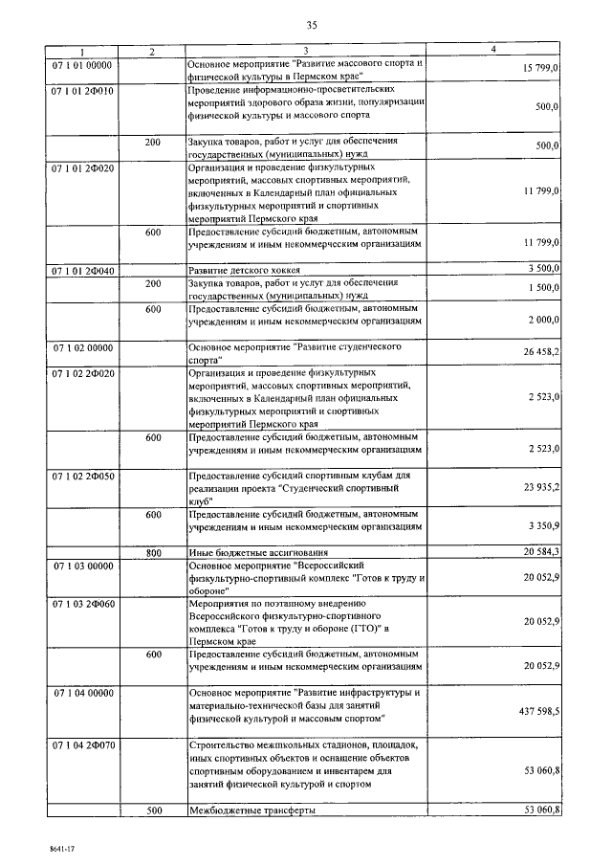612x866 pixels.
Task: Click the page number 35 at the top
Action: tap(311, 24)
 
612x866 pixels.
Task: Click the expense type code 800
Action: tap(153, 553)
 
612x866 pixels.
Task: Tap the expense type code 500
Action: tap(153, 810)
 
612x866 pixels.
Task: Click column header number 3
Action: tap(305, 50)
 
